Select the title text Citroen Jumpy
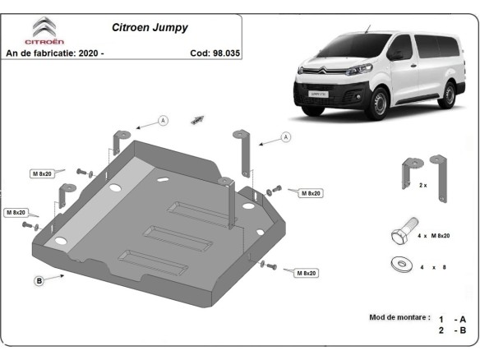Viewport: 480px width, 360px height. point(149,27)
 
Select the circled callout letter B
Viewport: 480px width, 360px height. point(39,281)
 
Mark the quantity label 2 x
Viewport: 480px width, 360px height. point(423,186)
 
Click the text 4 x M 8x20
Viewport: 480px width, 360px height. point(433,236)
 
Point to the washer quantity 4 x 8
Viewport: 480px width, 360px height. point(432,268)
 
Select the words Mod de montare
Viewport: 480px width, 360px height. point(399,316)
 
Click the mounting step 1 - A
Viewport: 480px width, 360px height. point(452,318)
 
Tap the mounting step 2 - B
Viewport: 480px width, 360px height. point(452,330)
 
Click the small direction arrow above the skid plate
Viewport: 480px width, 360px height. point(197,120)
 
